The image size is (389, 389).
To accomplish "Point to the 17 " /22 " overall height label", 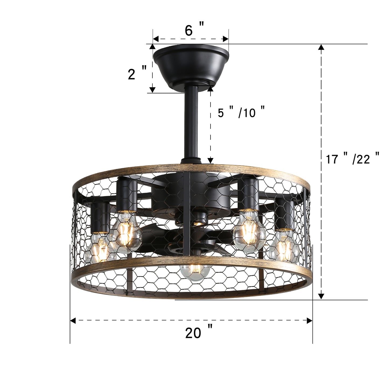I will pyautogui.click(x=353, y=159).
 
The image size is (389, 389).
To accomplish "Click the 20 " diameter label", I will pyautogui.click(x=199, y=333).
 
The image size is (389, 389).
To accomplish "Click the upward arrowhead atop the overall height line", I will pyautogui.click(x=321, y=47).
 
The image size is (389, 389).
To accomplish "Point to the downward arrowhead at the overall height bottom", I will pyautogui.click(x=321, y=296).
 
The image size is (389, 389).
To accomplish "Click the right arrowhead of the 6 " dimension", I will pyautogui.click(x=226, y=39).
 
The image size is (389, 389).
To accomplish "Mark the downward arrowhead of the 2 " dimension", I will pyautogui.click(x=152, y=90).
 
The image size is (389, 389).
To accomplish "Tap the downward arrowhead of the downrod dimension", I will pyautogui.click(x=210, y=160).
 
